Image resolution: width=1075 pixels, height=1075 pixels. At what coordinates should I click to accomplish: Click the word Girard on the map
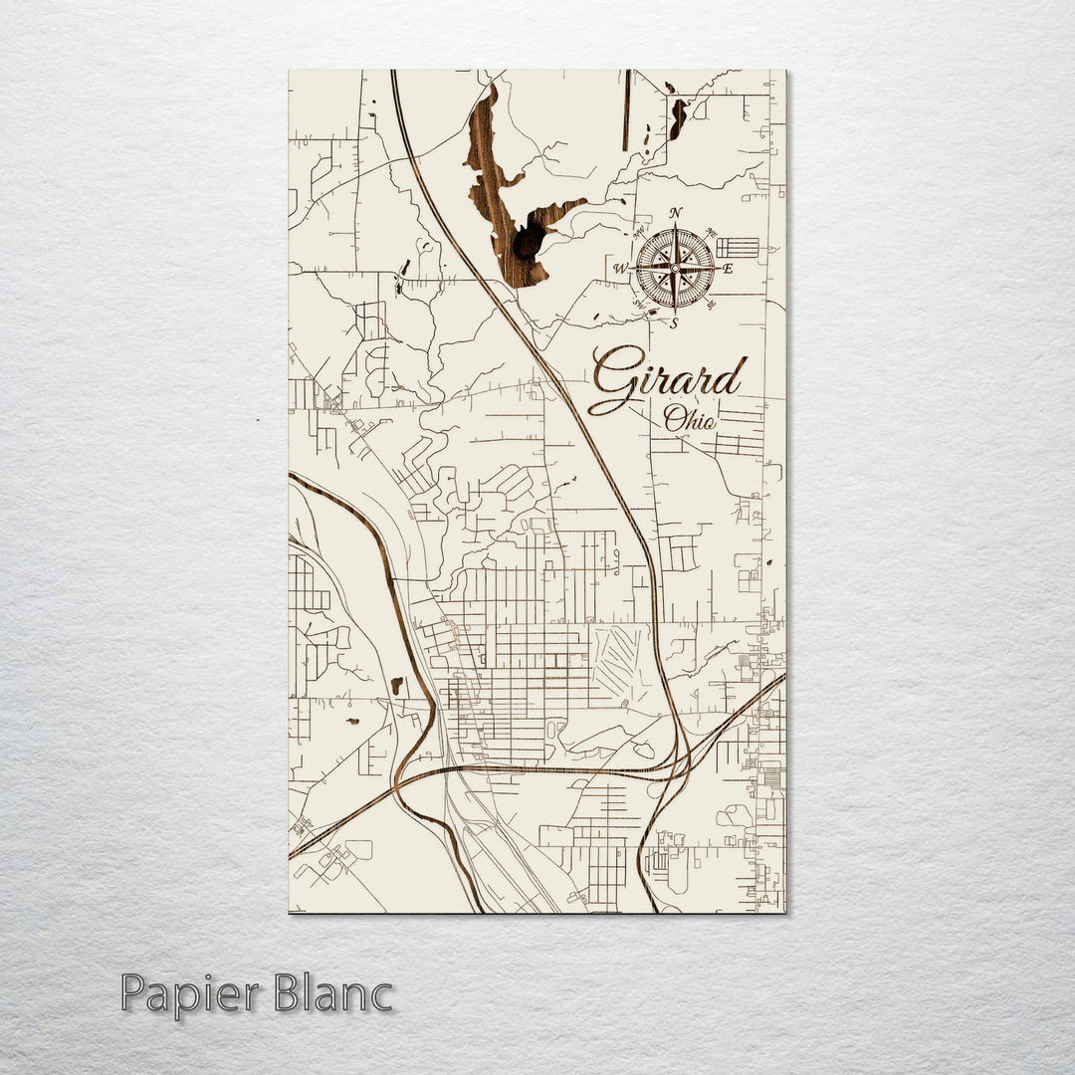click(x=667, y=379)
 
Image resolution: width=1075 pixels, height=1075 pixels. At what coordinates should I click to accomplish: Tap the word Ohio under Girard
click(x=690, y=420)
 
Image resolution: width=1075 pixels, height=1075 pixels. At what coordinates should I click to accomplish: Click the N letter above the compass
click(x=676, y=213)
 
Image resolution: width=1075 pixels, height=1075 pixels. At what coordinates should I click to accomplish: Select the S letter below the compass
click(x=674, y=322)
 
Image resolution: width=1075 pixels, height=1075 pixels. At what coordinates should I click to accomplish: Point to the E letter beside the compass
click(x=728, y=269)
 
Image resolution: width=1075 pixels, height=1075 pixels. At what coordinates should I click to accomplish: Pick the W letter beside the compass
click(x=619, y=269)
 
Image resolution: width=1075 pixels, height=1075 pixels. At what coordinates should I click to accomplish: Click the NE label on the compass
click(x=710, y=234)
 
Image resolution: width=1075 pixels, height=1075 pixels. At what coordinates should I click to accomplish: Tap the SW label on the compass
click(x=640, y=304)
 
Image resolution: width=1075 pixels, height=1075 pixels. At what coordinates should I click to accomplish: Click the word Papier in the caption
click(x=188, y=993)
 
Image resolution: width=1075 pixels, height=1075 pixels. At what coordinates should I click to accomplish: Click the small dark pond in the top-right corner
click(x=678, y=117)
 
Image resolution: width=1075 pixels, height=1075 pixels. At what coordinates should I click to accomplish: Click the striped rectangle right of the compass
click(x=738, y=247)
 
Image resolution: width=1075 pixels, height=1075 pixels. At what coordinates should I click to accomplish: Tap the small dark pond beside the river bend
click(x=397, y=685)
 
